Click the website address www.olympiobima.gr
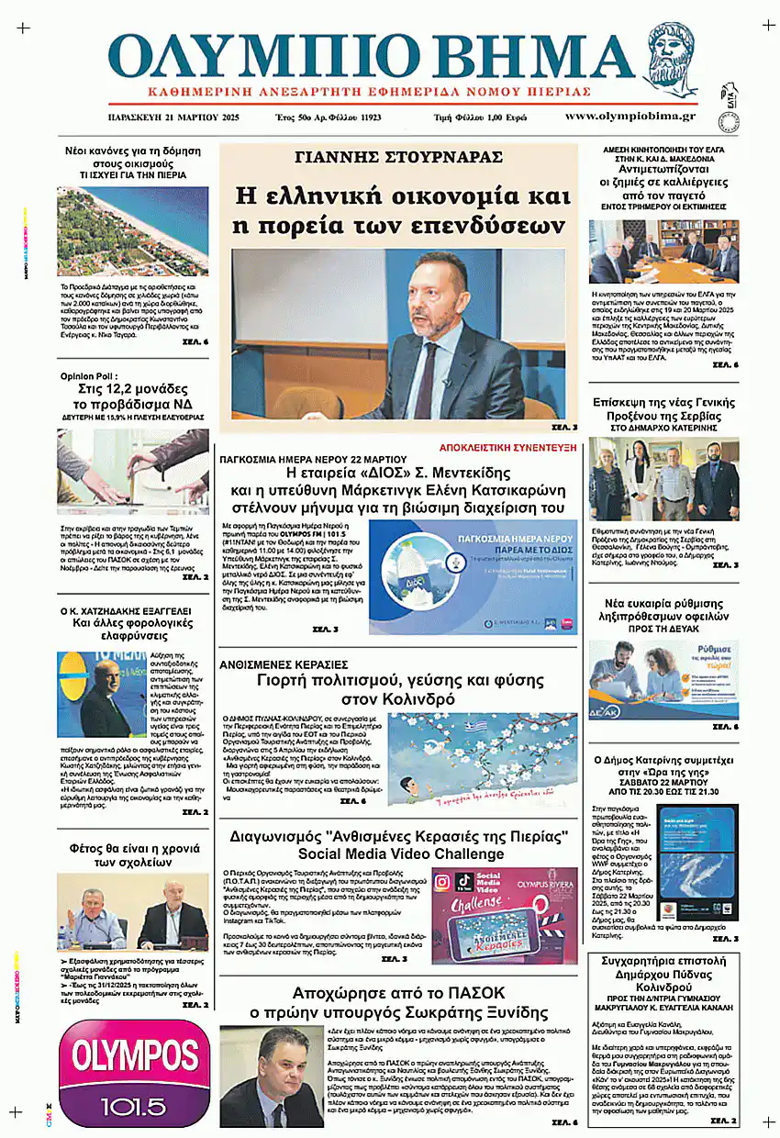pos(630,117)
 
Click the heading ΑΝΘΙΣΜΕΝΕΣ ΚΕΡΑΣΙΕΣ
pos(284,664)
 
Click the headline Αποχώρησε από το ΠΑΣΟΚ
pos(398,993)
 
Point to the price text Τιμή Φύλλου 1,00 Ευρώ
pos(493,118)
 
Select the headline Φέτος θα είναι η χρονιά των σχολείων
pos(133,855)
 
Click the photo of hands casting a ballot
pos(132,472)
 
